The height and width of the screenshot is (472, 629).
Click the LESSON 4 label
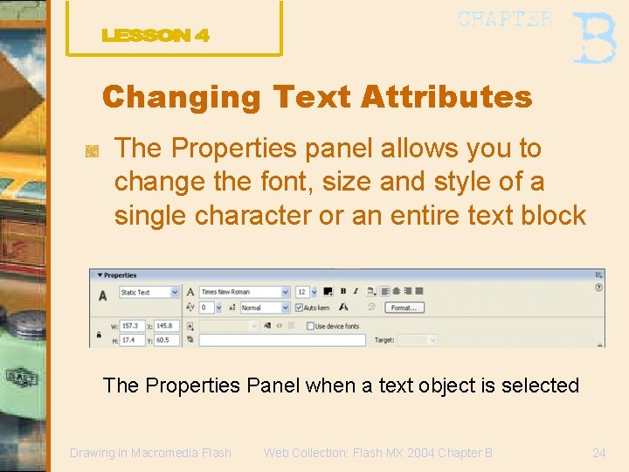[156, 36]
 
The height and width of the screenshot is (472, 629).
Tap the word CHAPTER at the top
[504, 19]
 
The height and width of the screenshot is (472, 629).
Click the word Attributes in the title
[445, 97]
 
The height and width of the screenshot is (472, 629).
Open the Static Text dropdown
[149, 292]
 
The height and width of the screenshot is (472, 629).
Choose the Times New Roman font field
[244, 292]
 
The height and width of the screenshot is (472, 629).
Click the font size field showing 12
[303, 292]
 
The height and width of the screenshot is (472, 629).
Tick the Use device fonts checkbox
[310, 326]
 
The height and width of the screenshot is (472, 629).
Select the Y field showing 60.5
[168, 340]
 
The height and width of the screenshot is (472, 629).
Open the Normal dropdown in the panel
[265, 308]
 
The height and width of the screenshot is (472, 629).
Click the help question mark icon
[598, 287]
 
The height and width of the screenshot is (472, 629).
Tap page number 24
[598, 453]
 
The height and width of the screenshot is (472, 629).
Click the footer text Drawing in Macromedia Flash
[150, 453]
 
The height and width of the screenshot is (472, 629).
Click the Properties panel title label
[121, 275]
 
